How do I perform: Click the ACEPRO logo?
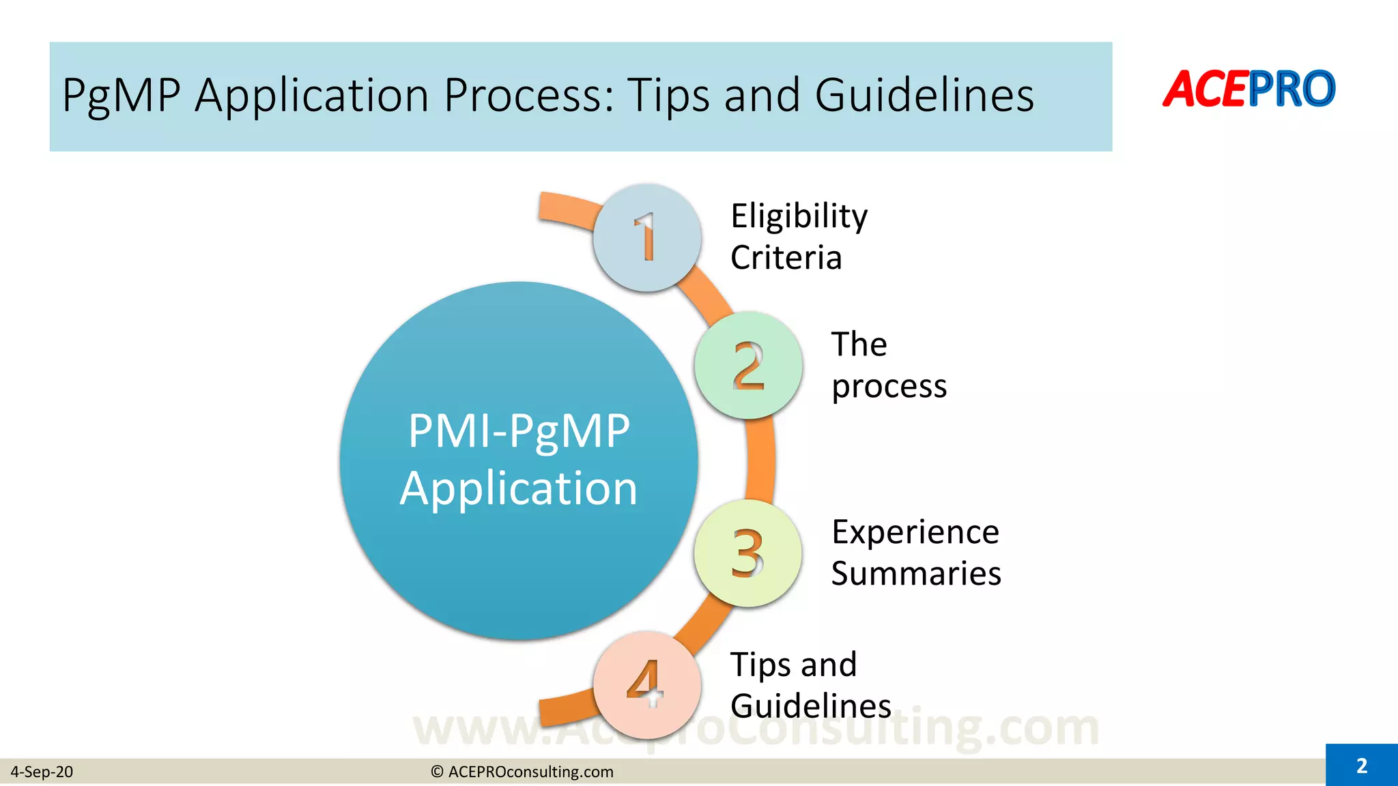click(1249, 89)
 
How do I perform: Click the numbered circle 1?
click(646, 238)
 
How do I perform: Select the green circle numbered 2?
click(748, 366)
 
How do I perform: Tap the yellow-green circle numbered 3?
click(747, 553)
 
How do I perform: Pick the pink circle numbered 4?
click(646, 684)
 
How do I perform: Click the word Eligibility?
click(799, 217)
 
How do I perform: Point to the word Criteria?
click(786, 259)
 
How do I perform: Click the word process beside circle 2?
click(889, 387)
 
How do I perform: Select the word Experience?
click(915, 532)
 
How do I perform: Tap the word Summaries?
click(916, 574)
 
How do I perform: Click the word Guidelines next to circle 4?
click(810, 705)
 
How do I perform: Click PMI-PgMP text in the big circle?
click(519, 432)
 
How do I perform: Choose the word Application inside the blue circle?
click(519, 489)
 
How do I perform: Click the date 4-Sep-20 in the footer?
click(42, 772)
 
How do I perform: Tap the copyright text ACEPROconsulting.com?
click(523, 772)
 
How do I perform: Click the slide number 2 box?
click(1361, 766)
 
